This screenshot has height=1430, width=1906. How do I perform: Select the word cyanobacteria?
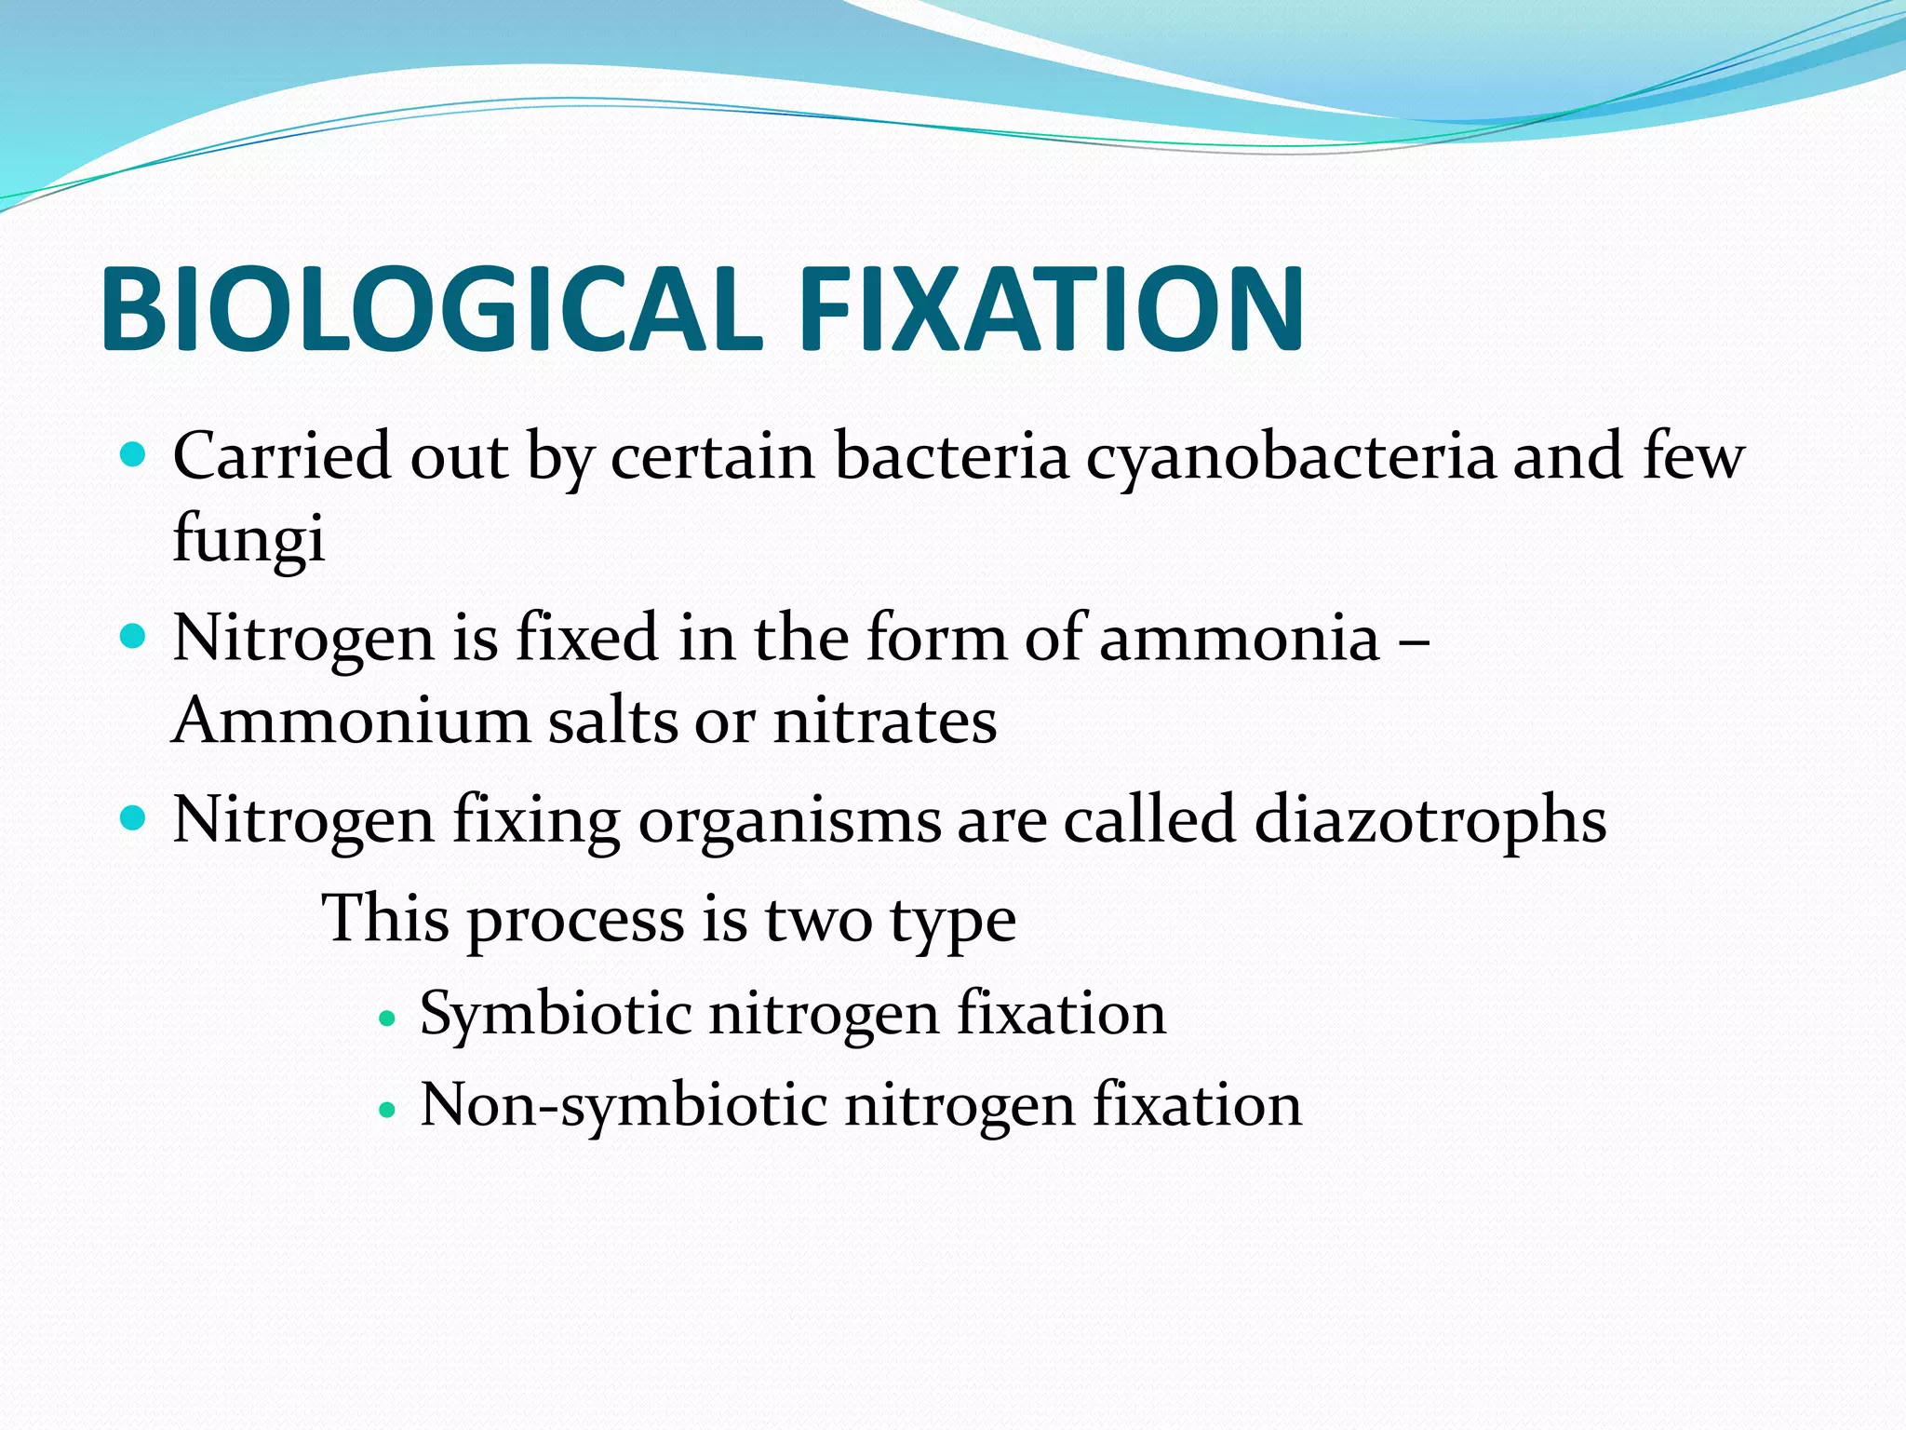click(x=1291, y=458)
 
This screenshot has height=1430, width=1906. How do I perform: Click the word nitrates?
click(x=885, y=722)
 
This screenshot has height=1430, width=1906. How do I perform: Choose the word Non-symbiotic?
click(x=624, y=1106)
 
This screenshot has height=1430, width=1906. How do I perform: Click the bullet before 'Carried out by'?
click(x=134, y=455)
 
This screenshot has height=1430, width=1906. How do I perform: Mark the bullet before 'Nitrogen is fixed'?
click(x=134, y=637)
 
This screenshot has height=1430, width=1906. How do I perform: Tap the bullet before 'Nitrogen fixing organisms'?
click(x=134, y=818)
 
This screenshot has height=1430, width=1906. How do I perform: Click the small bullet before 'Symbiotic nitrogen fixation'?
click(x=388, y=1019)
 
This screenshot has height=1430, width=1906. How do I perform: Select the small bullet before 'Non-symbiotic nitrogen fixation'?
click(x=388, y=1111)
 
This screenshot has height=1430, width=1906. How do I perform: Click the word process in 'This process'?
click(x=575, y=921)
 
